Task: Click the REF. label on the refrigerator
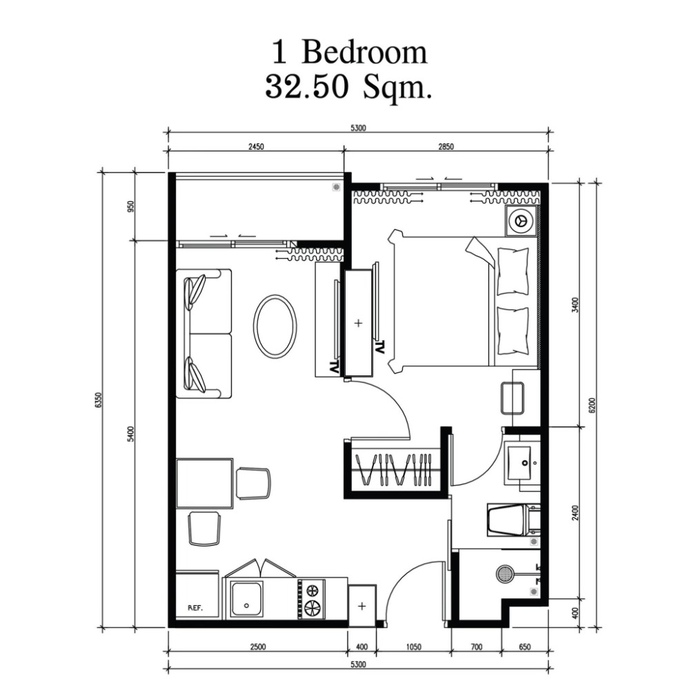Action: pos(195,608)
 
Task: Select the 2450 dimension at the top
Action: pos(256,146)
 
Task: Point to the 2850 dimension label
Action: pos(446,146)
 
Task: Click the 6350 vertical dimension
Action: pos(98,400)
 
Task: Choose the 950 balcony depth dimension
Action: pos(130,206)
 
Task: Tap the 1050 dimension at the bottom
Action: pos(413,647)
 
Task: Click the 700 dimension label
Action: pos(477,647)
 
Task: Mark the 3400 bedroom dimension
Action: pos(575,305)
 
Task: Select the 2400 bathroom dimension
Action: pos(575,513)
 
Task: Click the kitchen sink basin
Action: pos(247,598)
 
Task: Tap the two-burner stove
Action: pos(313,599)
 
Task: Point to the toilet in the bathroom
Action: pos(513,520)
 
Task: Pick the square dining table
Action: pos(205,484)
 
